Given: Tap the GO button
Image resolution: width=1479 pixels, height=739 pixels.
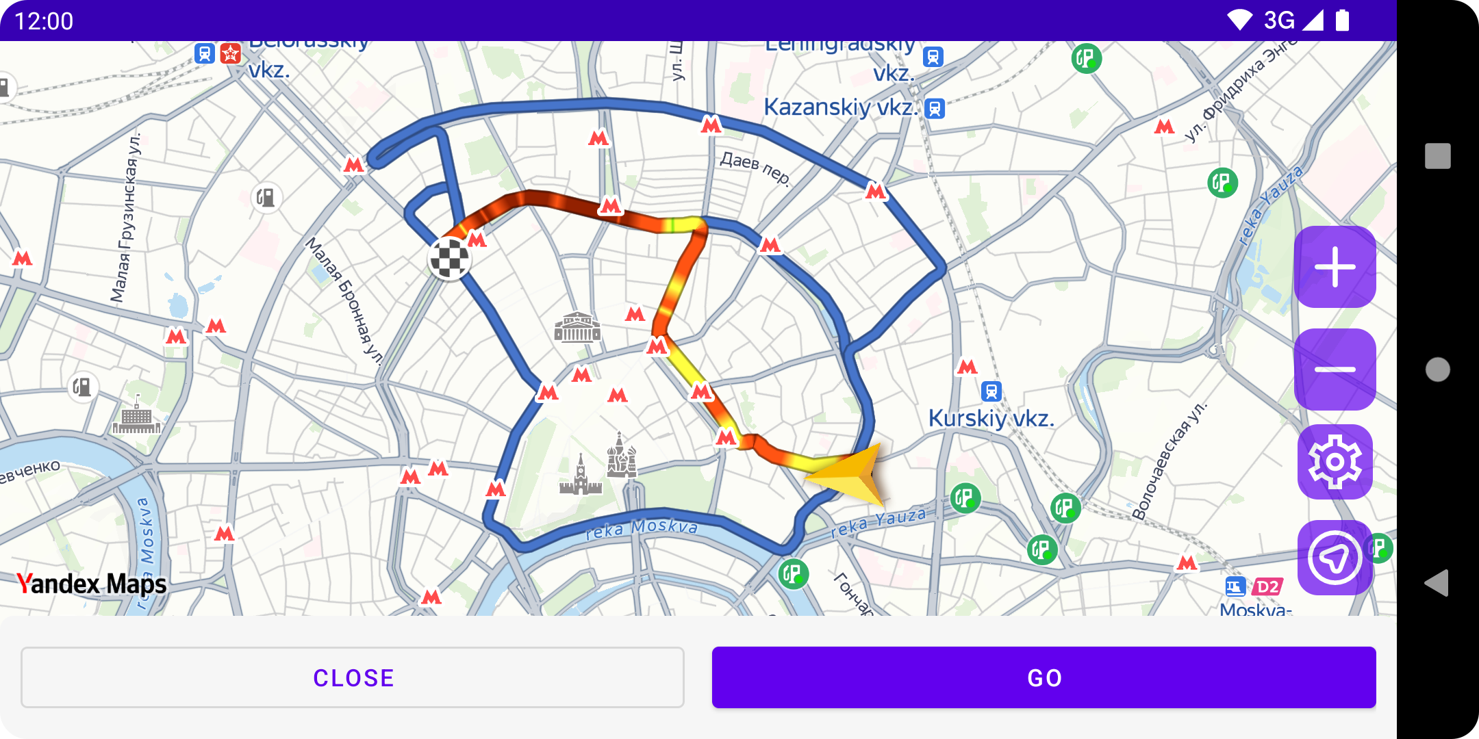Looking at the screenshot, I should [x=1044, y=677].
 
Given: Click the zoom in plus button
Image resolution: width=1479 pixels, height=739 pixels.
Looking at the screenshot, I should [x=1335, y=267].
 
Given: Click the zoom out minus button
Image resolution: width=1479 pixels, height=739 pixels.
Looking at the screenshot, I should [x=1335, y=369].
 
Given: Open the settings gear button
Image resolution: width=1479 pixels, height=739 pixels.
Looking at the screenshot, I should [x=1335, y=462].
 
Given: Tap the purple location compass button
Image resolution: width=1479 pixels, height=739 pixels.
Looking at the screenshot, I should [x=1335, y=558].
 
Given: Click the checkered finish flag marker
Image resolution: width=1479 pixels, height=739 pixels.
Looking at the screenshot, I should [x=449, y=259].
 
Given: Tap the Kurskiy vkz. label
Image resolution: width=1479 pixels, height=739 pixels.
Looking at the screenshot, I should [x=991, y=418].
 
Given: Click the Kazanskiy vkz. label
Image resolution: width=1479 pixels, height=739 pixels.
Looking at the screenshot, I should [x=841, y=107].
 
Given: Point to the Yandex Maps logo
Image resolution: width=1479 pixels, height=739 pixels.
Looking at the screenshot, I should [x=91, y=584].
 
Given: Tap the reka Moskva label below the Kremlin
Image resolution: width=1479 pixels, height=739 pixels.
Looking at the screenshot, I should [x=642, y=528].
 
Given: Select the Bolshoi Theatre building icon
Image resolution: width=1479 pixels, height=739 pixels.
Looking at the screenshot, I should [x=577, y=328].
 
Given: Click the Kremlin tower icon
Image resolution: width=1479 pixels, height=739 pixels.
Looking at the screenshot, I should [x=581, y=476].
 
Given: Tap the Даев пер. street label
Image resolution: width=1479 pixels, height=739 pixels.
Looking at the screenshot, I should [x=755, y=168].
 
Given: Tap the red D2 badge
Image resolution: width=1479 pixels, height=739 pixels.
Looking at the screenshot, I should [x=1267, y=586].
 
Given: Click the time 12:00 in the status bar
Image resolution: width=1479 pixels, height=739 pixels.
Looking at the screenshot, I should [x=44, y=21].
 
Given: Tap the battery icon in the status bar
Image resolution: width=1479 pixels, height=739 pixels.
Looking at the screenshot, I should [x=1342, y=21].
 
